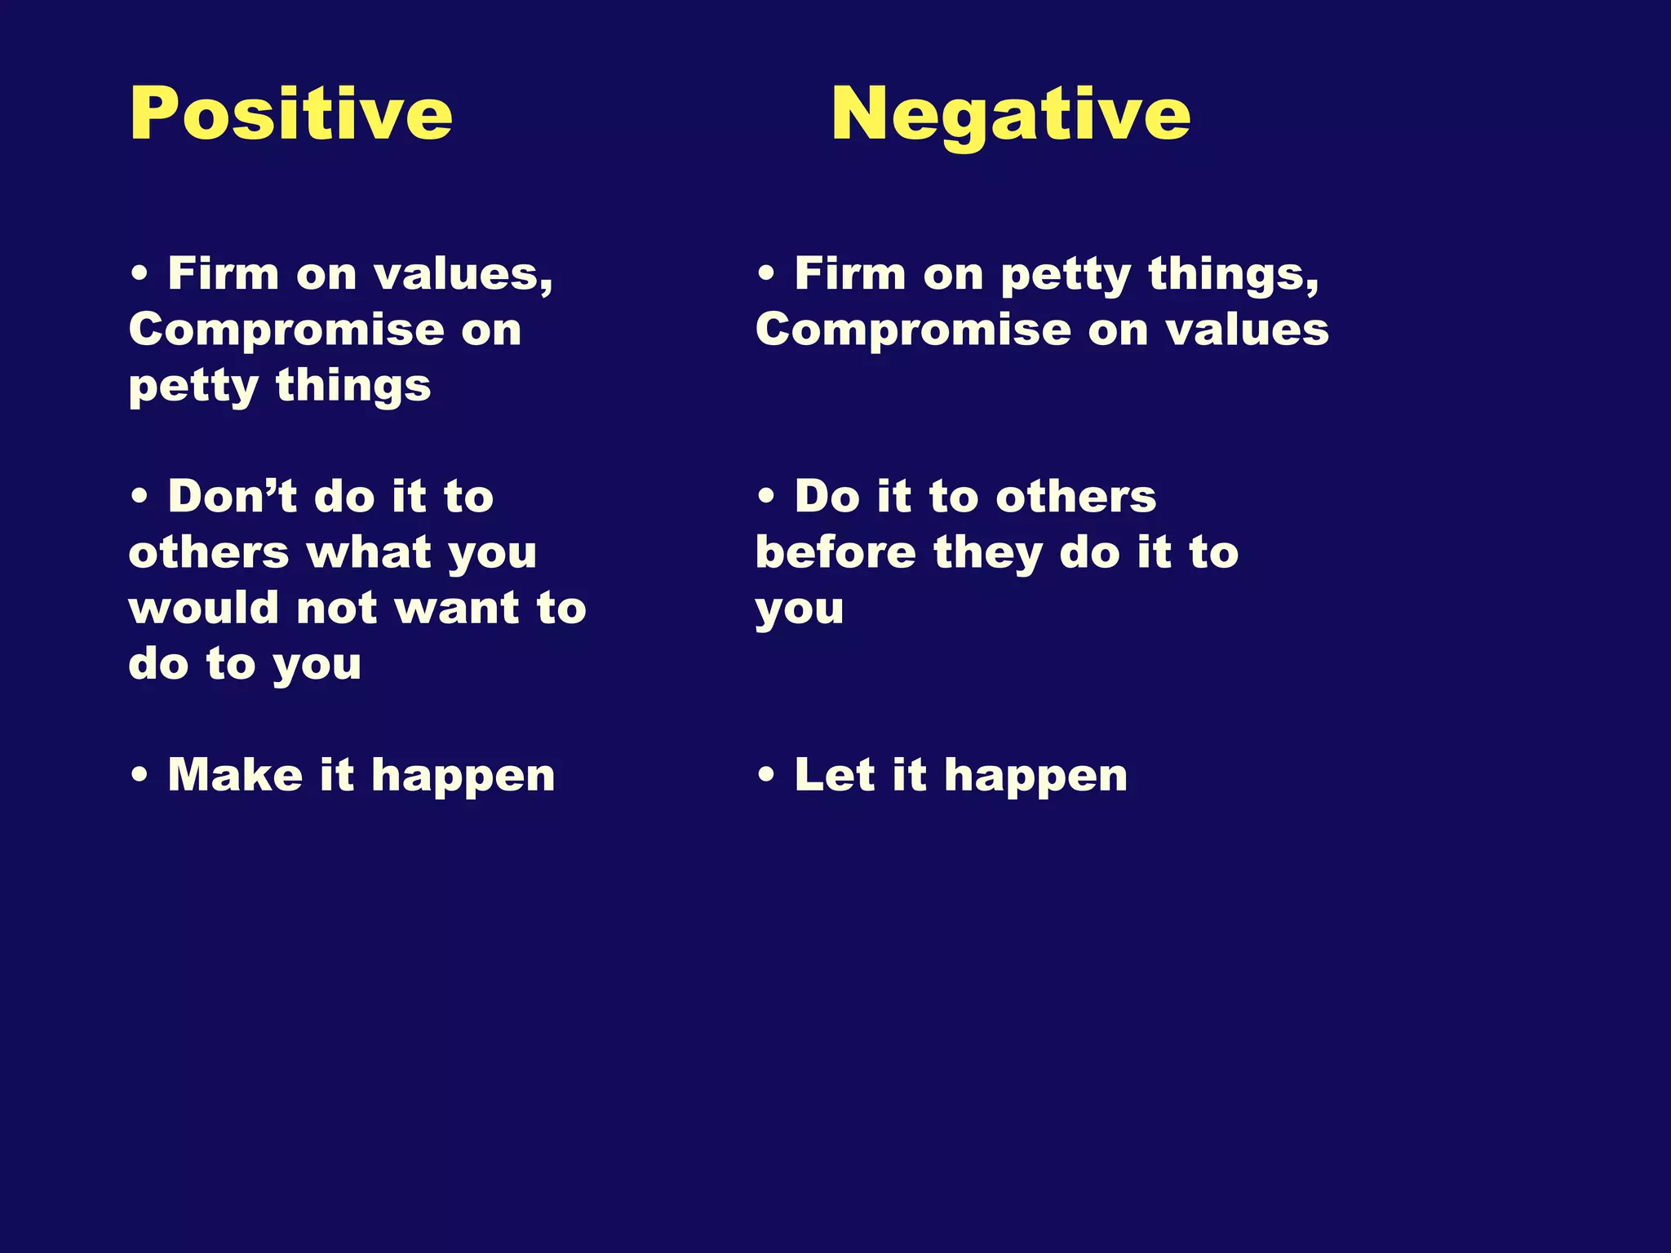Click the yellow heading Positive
[x=290, y=113]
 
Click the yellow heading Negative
[x=1010, y=113]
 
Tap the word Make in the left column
[x=235, y=774]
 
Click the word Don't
[x=232, y=496]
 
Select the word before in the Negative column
[x=835, y=552]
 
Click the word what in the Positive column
[x=368, y=552]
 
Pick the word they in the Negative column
[x=988, y=552]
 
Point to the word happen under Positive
[x=463, y=776]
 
